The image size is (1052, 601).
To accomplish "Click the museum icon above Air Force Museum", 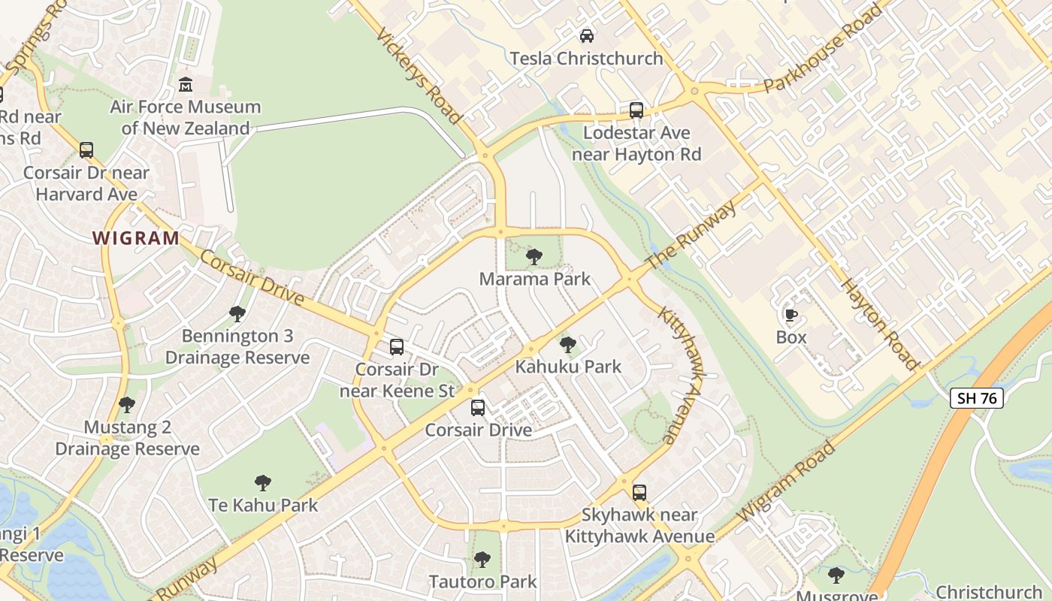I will click(186, 84).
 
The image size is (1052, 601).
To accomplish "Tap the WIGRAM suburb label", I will click(136, 238).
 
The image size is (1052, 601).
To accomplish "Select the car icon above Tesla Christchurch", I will click(586, 35).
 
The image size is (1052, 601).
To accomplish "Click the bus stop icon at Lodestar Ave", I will click(636, 110).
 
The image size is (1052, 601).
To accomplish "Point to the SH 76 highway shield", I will click(977, 398).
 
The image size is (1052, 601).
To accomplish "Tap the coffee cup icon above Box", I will click(791, 315).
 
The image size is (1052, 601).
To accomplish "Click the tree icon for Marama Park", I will click(534, 257).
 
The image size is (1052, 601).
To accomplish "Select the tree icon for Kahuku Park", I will click(568, 345).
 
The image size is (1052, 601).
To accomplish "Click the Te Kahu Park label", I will click(263, 505).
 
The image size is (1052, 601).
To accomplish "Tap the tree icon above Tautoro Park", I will click(482, 560).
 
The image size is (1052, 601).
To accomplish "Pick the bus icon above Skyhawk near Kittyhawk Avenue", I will click(639, 493).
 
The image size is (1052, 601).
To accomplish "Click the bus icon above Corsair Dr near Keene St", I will click(397, 347).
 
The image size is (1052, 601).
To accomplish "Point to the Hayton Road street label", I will click(878, 325).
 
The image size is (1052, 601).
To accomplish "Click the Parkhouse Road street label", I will click(824, 50).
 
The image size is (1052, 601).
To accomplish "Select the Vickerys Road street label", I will click(419, 76).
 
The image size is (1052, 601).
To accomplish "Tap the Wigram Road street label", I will click(786, 482).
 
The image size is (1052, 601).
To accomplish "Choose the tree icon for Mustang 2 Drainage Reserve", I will click(127, 406).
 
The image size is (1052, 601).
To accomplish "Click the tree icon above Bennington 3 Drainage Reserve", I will click(237, 313).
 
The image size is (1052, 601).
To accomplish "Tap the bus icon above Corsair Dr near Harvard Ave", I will click(86, 149).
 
